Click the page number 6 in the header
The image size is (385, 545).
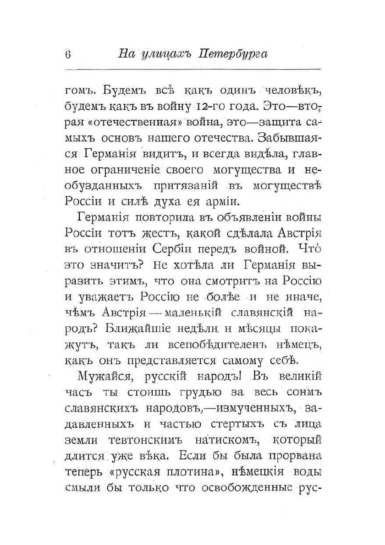68,54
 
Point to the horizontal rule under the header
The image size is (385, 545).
192,69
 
